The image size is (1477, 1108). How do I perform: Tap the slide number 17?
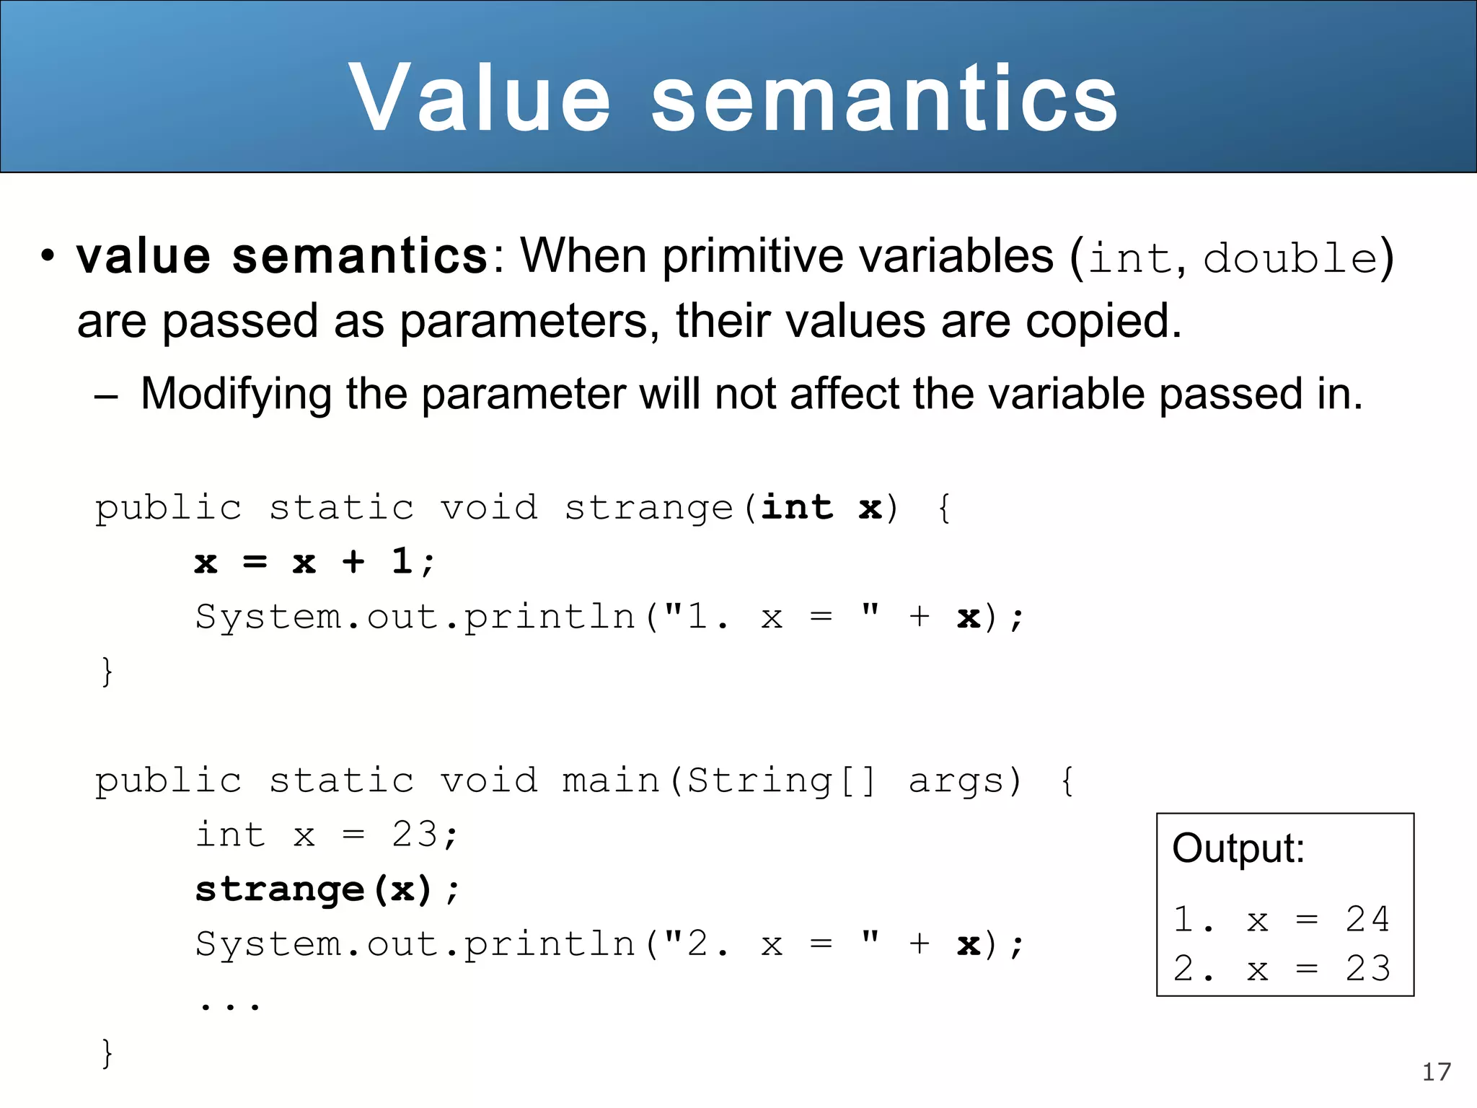click(1436, 1072)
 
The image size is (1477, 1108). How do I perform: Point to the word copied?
click(1103, 322)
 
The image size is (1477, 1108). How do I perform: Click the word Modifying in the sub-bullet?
click(236, 395)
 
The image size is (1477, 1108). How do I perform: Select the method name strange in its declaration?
click(648, 508)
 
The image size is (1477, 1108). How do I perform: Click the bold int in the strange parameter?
click(797, 507)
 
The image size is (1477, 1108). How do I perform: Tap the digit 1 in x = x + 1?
click(401, 561)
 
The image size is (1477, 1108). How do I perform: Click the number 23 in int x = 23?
click(415, 835)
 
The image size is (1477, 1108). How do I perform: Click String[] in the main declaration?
click(781, 781)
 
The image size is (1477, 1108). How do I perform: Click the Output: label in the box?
click(1238, 848)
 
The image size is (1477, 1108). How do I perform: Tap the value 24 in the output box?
click(1367, 919)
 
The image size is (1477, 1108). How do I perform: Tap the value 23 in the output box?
click(1367, 968)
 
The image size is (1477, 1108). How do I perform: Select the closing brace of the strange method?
click(107, 672)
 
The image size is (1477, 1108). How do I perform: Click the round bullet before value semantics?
click(48, 256)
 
